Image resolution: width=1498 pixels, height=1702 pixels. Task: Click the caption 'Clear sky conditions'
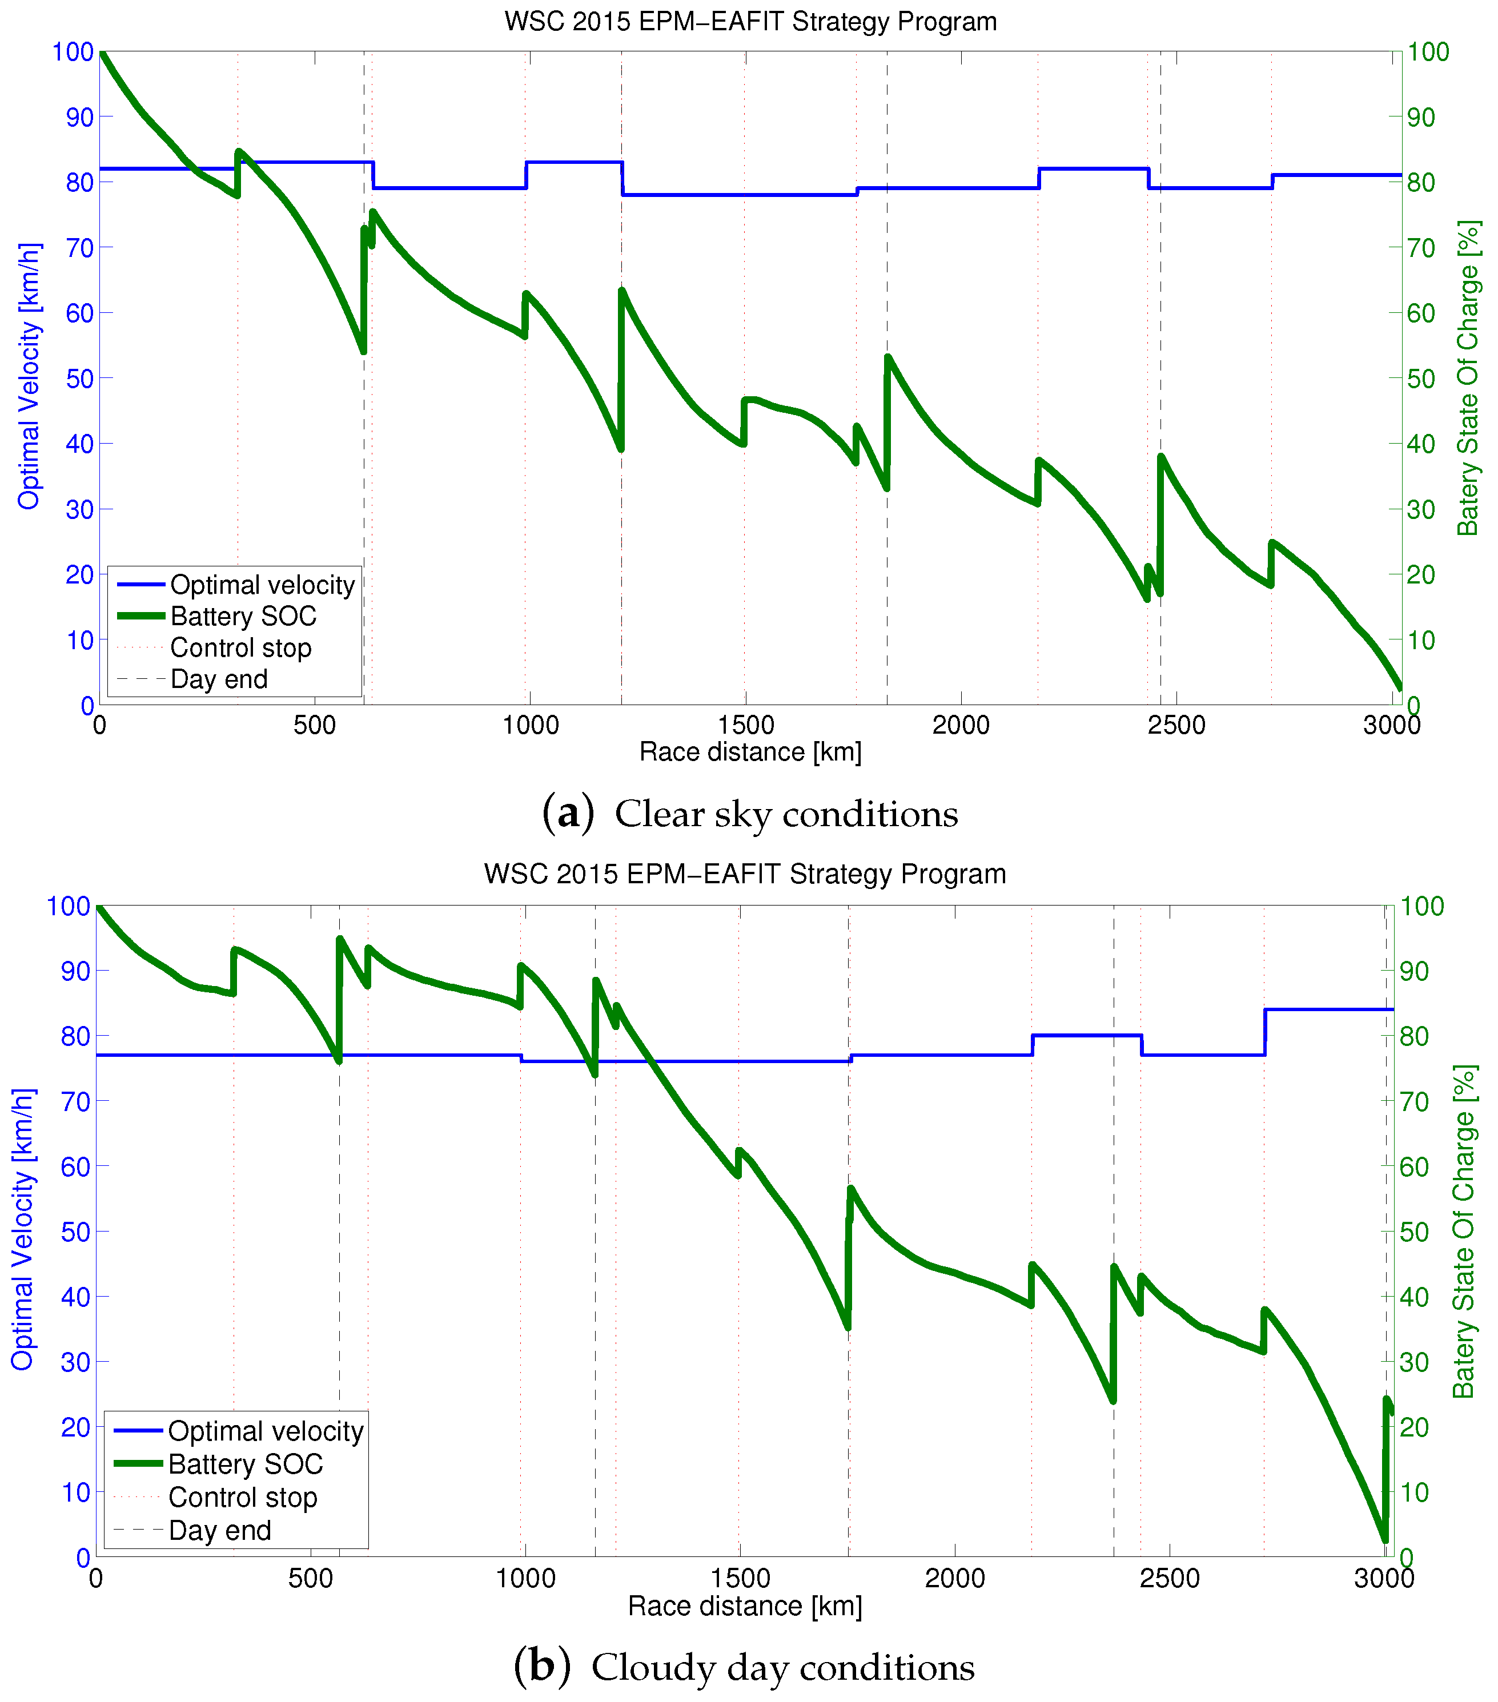click(x=785, y=814)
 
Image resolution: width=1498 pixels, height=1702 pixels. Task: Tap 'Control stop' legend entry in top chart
click(x=240, y=648)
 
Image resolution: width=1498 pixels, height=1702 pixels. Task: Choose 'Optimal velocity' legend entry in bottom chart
click(x=265, y=1431)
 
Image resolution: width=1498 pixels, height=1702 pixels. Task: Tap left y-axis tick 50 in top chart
click(x=79, y=378)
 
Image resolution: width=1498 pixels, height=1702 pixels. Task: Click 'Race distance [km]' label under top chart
click(x=749, y=752)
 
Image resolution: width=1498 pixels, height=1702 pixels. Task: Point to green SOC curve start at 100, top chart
click(x=101, y=53)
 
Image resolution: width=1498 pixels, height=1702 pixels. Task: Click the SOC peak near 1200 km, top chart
click(x=622, y=291)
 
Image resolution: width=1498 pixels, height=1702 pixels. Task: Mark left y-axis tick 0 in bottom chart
click(x=82, y=1556)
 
